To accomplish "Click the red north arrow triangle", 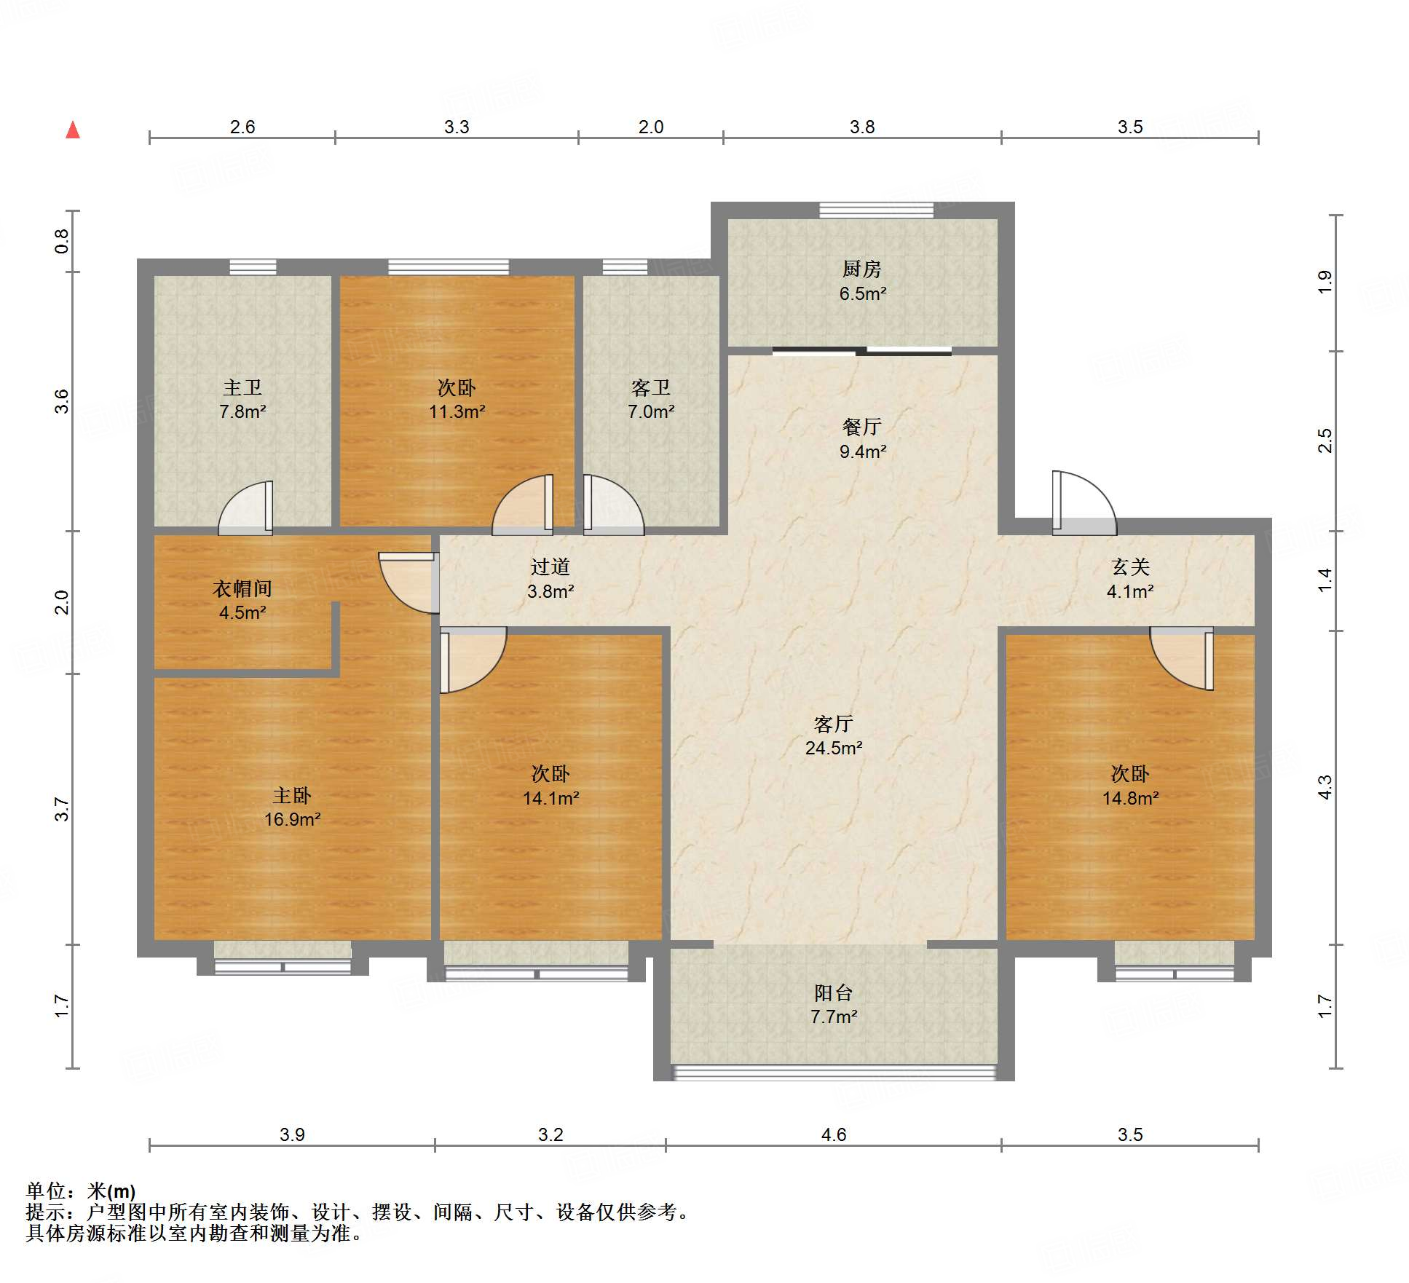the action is [73, 130].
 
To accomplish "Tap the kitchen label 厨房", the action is [861, 269].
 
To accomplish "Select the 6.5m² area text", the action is [862, 294].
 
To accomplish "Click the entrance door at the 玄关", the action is [1084, 503].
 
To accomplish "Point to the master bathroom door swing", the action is [245, 508].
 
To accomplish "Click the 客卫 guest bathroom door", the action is [613, 505].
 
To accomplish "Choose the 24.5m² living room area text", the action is [834, 748].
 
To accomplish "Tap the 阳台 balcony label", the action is [833, 992].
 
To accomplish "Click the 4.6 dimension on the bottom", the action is [834, 1134].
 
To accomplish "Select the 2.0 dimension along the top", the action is [651, 127].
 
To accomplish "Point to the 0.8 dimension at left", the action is [62, 241].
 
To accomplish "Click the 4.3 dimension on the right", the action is [1325, 787].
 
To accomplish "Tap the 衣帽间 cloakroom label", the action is [242, 588].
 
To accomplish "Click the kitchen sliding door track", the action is [862, 352].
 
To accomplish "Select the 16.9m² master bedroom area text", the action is [292, 819].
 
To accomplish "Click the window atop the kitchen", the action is [876, 210].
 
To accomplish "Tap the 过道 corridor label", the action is [550, 567].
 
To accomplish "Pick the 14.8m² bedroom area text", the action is [1130, 798].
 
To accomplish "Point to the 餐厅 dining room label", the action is [862, 427].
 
